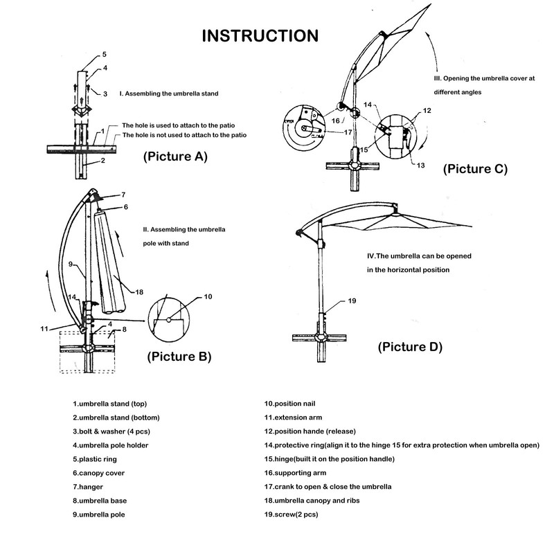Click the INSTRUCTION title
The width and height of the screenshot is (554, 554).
(x=260, y=35)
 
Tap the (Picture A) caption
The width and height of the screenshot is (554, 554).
(x=175, y=157)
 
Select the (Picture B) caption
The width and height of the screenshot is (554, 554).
(x=179, y=357)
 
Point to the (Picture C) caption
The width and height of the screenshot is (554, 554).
(x=475, y=168)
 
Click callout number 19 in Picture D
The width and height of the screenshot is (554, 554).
(x=352, y=301)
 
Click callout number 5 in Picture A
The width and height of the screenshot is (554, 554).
(x=105, y=54)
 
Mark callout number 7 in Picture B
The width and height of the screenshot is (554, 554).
(x=123, y=194)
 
